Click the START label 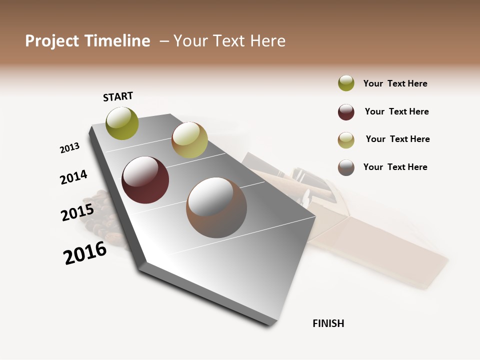tap(118, 96)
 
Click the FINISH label tap(328, 323)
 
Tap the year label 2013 tap(69, 148)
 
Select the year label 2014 tap(73, 177)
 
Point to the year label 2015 tap(77, 212)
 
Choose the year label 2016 tap(85, 253)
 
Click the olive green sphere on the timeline tap(122, 123)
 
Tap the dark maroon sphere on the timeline tap(145, 180)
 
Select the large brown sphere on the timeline tap(216, 207)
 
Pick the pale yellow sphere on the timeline tap(189, 140)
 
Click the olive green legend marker tap(346, 83)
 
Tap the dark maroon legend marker tap(346, 112)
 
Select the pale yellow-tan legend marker tap(346, 140)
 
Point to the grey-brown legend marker tap(346, 167)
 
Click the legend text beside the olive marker tap(395, 83)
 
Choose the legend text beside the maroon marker tap(396, 111)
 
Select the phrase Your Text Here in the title tap(229, 41)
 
